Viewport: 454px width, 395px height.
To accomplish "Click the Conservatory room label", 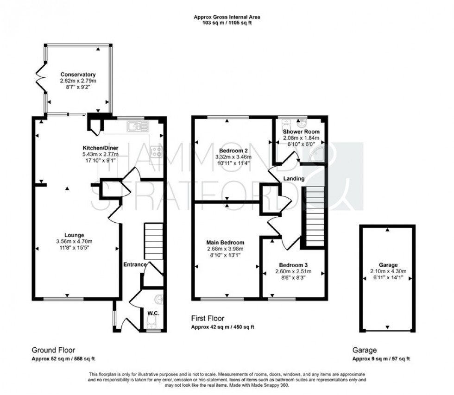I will pos(77,75).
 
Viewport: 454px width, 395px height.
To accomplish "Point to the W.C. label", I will pos(153,313).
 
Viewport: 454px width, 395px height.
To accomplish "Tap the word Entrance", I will pos(135,264).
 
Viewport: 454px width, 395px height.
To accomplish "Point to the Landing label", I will pos(294,178).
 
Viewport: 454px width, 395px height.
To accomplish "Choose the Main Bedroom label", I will pos(226,242).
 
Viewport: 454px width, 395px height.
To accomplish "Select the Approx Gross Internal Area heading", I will pos(227,17).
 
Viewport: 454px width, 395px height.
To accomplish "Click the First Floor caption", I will pos(208,318).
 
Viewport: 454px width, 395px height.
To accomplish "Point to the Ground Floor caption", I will pos(53,350).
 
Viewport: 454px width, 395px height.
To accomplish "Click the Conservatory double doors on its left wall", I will pos(41,78).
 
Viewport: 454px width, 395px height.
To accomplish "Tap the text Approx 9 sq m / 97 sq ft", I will pos(381,359).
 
